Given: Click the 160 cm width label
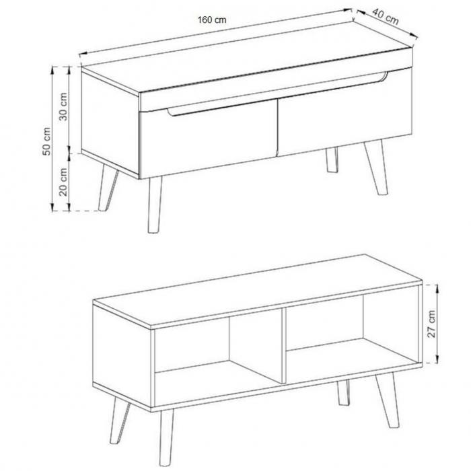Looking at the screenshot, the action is [212, 20].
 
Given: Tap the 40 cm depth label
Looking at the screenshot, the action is [386, 17].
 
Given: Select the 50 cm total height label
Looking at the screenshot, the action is [46, 141].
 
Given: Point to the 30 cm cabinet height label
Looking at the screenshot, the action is [63, 106].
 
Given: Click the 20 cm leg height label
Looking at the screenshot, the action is [63, 182].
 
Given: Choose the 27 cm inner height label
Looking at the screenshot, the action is [431, 324].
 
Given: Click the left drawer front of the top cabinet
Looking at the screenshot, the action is [209, 140].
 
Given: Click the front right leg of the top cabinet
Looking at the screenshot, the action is [376, 168].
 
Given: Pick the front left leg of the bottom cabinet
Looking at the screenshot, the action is [166, 437].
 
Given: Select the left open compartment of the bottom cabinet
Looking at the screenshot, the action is [218, 357].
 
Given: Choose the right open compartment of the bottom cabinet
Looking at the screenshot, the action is [351, 334].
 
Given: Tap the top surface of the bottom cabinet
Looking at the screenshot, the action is [258, 291].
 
